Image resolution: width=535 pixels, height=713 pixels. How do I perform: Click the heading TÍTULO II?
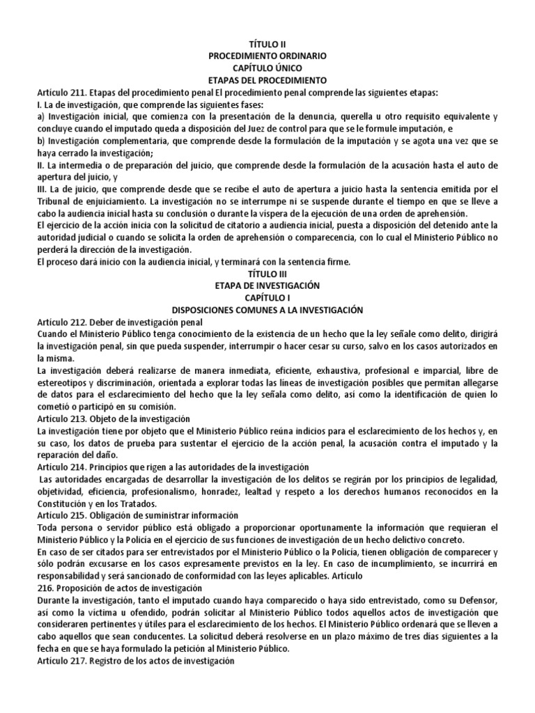pyautogui.click(x=267, y=42)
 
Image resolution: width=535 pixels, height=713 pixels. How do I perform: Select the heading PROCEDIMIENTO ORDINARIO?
pyautogui.click(x=267, y=55)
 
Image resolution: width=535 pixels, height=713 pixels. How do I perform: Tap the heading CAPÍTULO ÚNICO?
pyautogui.click(x=267, y=68)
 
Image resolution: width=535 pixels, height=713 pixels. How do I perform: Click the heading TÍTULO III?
pyautogui.click(x=267, y=274)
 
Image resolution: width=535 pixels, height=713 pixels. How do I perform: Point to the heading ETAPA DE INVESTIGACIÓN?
pyautogui.click(x=267, y=286)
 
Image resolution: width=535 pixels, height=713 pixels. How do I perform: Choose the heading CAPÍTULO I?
pyautogui.click(x=267, y=298)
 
